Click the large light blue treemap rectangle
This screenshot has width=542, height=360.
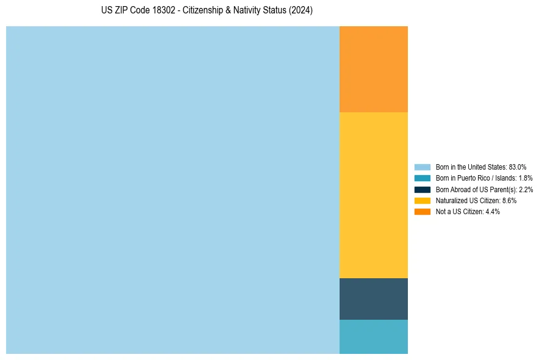(173, 190)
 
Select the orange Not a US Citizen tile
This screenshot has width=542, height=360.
(373, 69)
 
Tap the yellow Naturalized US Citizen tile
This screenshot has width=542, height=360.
(373, 195)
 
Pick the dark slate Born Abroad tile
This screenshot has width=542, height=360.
(373, 299)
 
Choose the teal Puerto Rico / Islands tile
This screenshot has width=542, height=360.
(373, 337)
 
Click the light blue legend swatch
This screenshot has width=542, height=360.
(423, 167)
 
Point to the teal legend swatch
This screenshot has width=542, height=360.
(423, 178)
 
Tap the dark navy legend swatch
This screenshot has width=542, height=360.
(423, 189)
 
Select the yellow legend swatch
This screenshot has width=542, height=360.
(423, 200)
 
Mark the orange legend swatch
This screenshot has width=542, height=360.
(423, 212)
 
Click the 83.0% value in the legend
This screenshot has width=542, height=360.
(518, 167)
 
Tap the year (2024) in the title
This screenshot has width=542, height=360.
(301, 11)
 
